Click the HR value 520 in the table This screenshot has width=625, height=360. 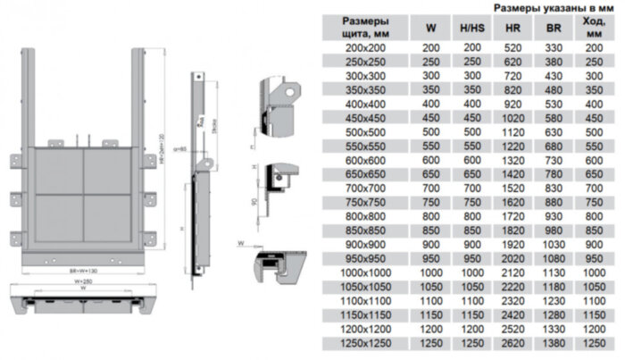(512, 46)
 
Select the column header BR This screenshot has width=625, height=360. (554, 28)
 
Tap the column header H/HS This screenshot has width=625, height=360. (472, 28)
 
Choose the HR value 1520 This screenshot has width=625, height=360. (512, 189)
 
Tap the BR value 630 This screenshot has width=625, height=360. (554, 132)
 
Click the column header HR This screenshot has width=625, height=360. (512, 28)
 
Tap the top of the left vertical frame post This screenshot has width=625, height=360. (29, 53)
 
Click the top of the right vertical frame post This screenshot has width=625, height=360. (141, 53)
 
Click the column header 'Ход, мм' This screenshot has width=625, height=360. (594, 28)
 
